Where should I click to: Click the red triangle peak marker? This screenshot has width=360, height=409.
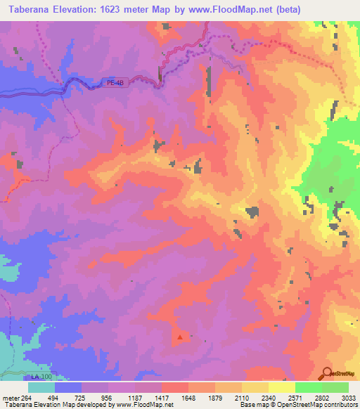[181, 337]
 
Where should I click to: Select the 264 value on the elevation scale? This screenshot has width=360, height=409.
[27, 397]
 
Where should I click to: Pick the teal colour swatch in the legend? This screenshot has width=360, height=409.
[41, 387]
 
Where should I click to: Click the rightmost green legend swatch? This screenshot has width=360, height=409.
[335, 387]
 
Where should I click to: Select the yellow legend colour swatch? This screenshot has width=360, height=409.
[281, 387]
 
